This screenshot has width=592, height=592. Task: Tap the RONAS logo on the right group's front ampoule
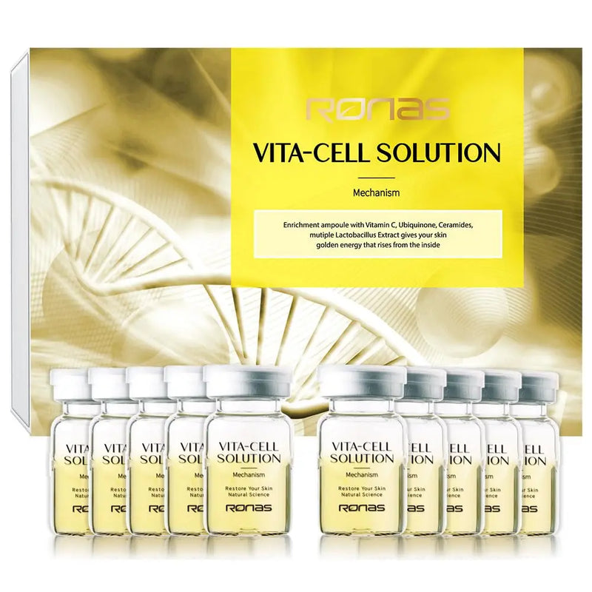tap(362, 508)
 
